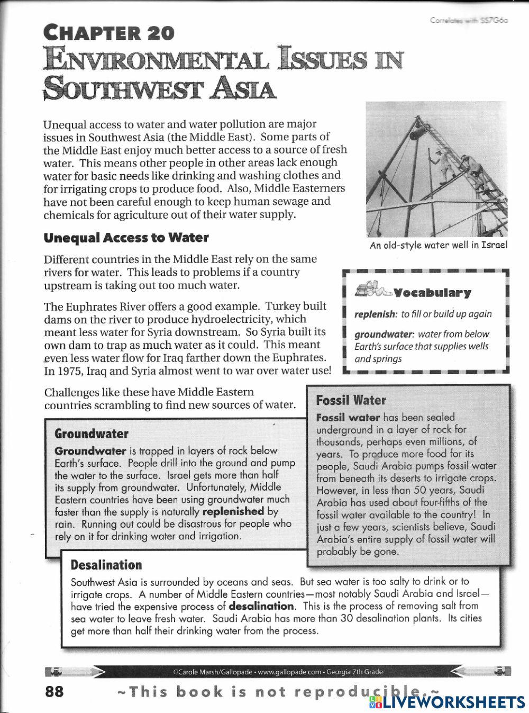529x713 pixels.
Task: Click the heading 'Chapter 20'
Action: (x=109, y=33)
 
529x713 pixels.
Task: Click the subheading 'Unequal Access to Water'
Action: (x=126, y=238)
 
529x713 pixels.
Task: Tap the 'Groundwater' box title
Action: (x=92, y=434)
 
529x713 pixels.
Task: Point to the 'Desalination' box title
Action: (x=106, y=565)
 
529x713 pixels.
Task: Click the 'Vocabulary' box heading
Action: (x=432, y=293)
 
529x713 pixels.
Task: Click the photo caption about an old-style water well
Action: (x=439, y=245)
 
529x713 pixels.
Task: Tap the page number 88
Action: (x=54, y=691)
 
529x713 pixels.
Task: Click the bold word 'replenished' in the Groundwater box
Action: (x=233, y=511)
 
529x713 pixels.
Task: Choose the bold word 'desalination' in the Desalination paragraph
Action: (x=261, y=606)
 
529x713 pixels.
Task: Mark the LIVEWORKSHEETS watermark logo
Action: (x=447, y=702)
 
